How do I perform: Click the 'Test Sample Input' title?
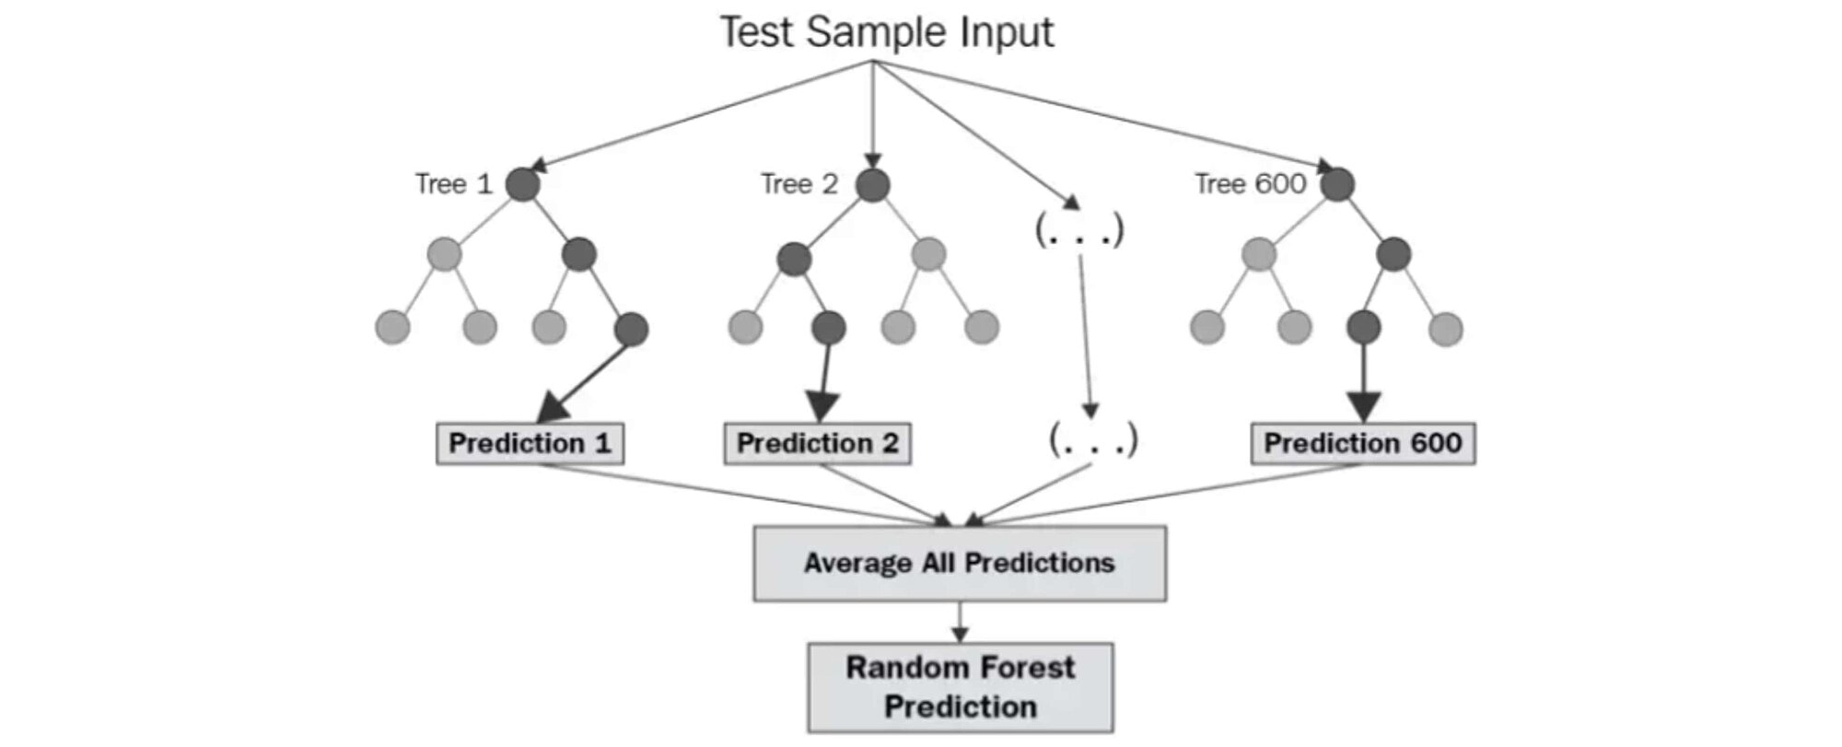click(x=887, y=32)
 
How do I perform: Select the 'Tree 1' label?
click(x=454, y=184)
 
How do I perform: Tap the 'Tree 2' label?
click(x=799, y=184)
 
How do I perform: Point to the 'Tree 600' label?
click(x=1250, y=184)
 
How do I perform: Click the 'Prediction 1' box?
click(x=530, y=444)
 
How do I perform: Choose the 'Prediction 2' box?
click(x=818, y=444)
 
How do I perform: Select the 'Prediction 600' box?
click(x=1363, y=444)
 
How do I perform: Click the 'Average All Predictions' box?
click(x=960, y=564)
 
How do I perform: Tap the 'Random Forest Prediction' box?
click(x=961, y=688)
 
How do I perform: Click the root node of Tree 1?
click(x=522, y=185)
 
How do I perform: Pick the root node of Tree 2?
click(x=872, y=185)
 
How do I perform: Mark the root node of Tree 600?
click(x=1337, y=185)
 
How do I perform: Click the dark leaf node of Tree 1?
click(x=631, y=329)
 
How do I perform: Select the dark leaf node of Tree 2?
click(x=829, y=327)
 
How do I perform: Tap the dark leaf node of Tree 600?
click(x=1363, y=327)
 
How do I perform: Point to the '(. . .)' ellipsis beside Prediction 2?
click(x=1093, y=440)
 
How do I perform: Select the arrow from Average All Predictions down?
click(x=960, y=623)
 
